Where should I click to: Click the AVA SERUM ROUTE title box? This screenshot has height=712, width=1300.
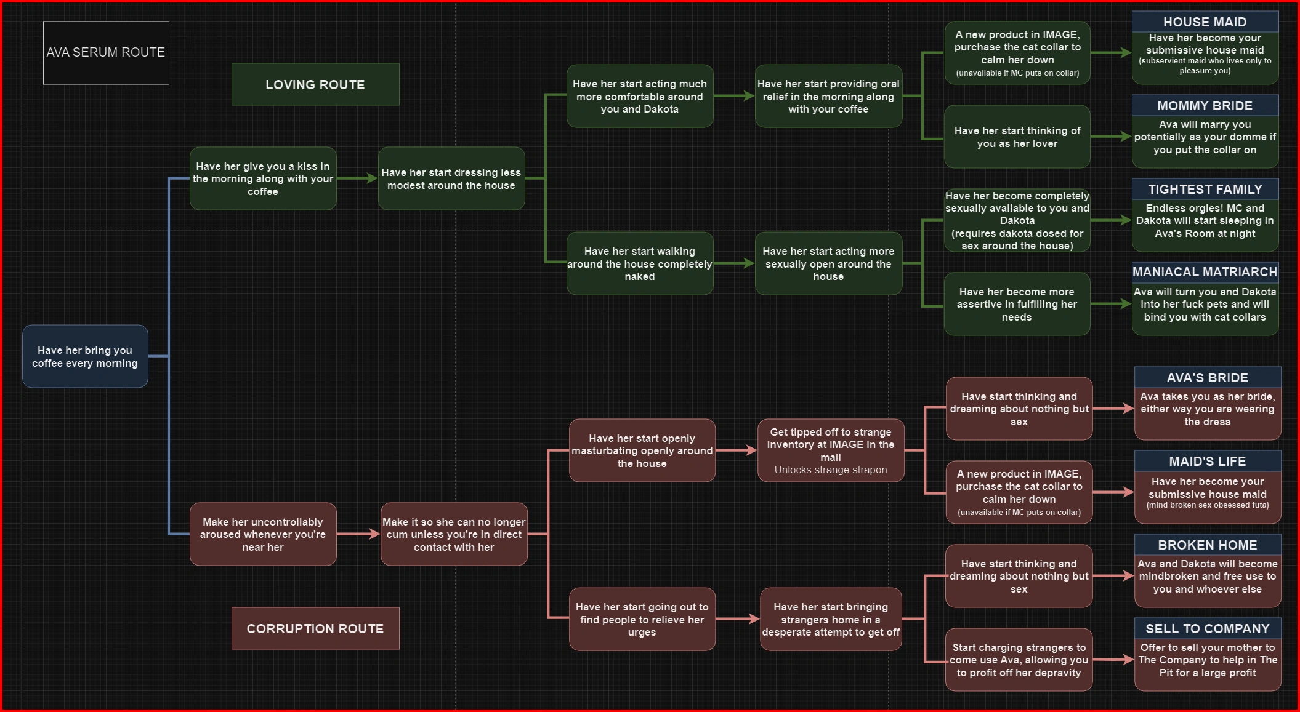click(106, 53)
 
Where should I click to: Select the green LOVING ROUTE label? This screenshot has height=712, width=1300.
click(315, 85)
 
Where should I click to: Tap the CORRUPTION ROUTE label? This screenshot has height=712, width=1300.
click(315, 628)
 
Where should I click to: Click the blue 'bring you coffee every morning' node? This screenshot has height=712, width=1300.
click(85, 357)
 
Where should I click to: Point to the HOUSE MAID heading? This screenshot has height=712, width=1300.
click(1205, 22)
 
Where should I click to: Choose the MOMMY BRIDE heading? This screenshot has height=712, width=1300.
click(1205, 106)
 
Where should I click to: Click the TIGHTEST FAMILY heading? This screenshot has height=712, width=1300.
click(1205, 190)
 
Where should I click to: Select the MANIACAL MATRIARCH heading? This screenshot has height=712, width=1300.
click(1205, 272)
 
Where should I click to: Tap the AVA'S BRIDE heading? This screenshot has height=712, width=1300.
click(1207, 378)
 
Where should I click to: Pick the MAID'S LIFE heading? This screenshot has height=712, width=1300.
click(1207, 462)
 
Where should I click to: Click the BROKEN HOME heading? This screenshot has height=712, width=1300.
click(1207, 545)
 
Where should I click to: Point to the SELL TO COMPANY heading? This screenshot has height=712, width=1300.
click(1207, 629)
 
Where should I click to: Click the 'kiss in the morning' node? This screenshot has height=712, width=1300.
click(263, 179)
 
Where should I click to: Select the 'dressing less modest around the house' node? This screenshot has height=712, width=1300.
click(451, 179)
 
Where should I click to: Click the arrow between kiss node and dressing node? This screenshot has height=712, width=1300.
click(357, 178)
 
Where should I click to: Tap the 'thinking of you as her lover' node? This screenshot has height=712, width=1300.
click(1017, 137)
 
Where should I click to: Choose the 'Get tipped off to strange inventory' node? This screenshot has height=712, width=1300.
click(830, 451)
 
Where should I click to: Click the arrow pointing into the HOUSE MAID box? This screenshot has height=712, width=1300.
click(1111, 54)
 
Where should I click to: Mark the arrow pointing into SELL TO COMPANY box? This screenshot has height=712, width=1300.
click(1113, 660)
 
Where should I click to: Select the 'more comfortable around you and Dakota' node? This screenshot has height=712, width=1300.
click(640, 97)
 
